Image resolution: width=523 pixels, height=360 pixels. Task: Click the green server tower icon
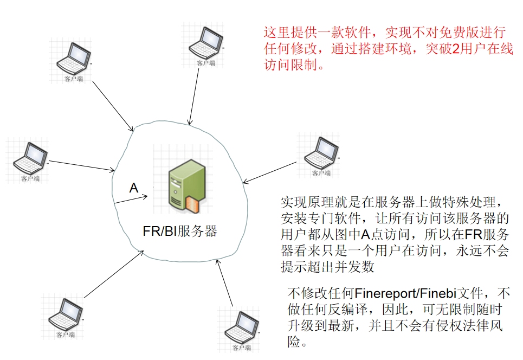pos(187,186)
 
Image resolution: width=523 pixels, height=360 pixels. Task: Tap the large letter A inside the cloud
pos(134,188)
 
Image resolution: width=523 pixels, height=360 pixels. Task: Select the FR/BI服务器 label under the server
pos(180,231)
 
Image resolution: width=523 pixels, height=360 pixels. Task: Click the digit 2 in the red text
pos(456,49)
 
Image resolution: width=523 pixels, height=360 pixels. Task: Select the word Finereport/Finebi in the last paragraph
pos(405,294)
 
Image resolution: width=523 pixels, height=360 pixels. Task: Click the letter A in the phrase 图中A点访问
pos(366,235)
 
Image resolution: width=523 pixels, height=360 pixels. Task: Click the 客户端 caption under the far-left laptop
pos(30,178)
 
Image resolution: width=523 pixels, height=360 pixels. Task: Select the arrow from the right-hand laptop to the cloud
pos(269,172)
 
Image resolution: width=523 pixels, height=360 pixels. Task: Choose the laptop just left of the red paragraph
pos(206,43)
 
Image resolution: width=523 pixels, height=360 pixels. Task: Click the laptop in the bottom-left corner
pos(66,314)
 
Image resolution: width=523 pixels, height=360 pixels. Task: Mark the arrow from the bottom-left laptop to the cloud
pos(114,274)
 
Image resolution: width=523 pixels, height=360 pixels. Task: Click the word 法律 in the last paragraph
pos(463,325)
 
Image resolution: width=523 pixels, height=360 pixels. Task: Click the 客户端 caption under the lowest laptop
pos(242,348)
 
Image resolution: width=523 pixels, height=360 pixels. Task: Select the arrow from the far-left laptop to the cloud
pos(82,166)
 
